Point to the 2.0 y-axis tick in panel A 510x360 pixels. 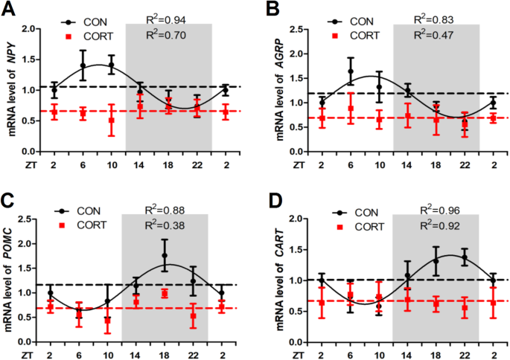(x=30, y=29)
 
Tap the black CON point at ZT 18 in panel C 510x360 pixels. (x=165, y=255)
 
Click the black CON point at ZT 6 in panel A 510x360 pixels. (x=83, y=66)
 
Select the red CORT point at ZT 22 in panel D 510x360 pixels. (x=465, y=307)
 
